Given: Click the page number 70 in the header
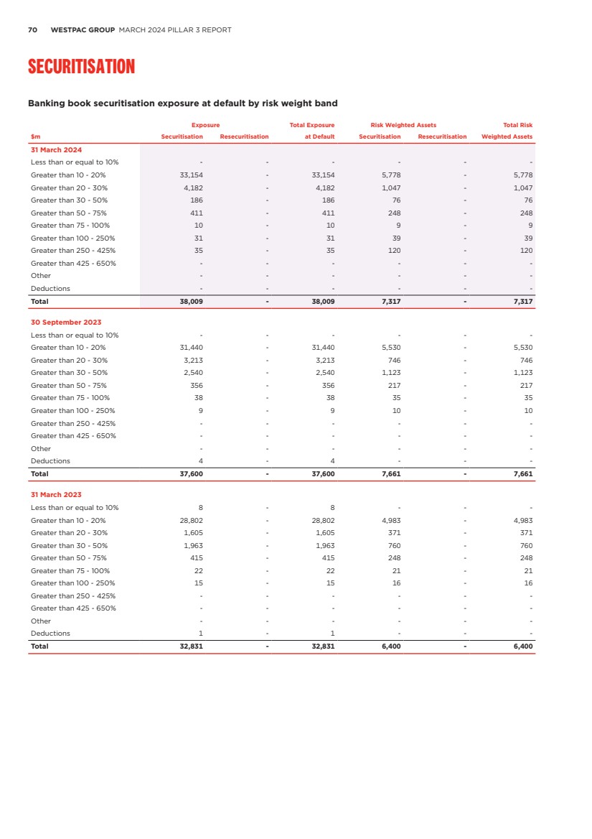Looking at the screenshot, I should click(x=32, y=30).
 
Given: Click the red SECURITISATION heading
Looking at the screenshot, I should click(x=81, y=67).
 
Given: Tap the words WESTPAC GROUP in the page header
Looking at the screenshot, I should click(x=83, y=30).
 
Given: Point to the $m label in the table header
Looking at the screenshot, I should click(x=35, y=136).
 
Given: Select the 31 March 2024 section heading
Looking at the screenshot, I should click(x=56, y=149).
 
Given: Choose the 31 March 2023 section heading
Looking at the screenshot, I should click(x=56, y=495).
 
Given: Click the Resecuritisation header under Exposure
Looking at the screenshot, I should click(x=244, y=136).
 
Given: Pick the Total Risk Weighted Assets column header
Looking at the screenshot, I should click(x=507, y=131).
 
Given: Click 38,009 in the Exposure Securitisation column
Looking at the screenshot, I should click(x=191, y=302).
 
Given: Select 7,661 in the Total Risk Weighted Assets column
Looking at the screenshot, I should click(x=522, y=474).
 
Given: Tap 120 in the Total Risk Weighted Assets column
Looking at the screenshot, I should click(x=526, y=251).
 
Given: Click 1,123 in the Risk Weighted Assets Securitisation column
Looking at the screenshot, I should click(x=390, y=373).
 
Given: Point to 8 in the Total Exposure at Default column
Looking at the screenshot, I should click(x=332, y=508).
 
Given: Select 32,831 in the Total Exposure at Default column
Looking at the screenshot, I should click(x=322, y=646).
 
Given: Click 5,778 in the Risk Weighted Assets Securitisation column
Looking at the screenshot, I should click(x=390, y=175).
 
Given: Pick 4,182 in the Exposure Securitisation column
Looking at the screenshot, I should click(x=192, y=187).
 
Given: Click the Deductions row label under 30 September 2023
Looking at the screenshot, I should click(x=50, y=461).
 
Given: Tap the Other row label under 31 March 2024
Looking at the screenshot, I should click(x=41, y=276).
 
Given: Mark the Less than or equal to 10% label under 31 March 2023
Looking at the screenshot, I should click(x=75, y=508).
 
